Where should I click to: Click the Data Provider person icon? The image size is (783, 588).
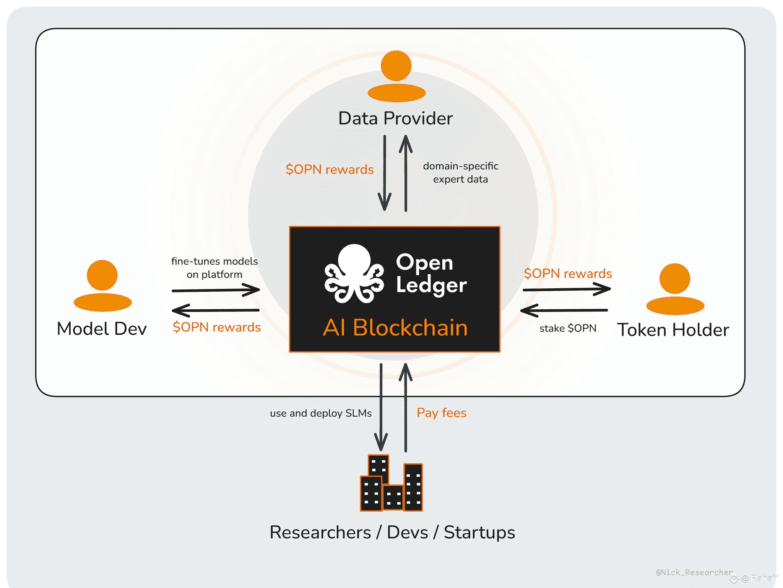pyautogui.click(x=396, y=76)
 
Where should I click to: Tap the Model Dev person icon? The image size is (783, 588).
pyautogui.click(x=102, y=286)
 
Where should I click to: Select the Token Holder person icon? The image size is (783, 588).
pyautogui.click(x=675, y=289)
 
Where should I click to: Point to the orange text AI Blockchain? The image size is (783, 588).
pyautogui.click(x=395, y=328)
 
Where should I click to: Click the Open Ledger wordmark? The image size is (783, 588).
pyautogui.click(x=431, y=274)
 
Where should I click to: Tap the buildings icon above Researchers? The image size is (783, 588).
pyautogui.click(x=391, y=483)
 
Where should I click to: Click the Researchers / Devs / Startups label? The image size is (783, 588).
pyautogui.click(x=392, y=532)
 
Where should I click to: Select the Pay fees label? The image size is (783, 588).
pyautogui.click(x=442, y=413)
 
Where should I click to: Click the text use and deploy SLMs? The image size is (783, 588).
pyautogui.click(x=321, y=413)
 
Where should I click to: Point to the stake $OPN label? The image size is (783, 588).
pyautogui.click(x=568, y=328)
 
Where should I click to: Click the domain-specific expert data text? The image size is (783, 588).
pyautogui.click(x=460, y=172)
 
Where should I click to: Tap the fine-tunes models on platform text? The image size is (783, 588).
pyautogui.click(x=214, y=268)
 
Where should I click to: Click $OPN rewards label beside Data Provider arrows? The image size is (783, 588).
pyautogui.click(x=330, y=169)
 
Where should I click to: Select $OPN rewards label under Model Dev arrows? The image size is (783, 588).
pyautogui.click(x=217, y=327)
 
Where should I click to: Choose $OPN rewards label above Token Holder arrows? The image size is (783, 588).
pyautogui.click(x=568, y=274)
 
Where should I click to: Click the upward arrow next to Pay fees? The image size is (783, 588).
pyautogui.click(x=406, y=407)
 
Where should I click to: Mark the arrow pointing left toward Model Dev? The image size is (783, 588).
pyautogui.click(x=216, y=310)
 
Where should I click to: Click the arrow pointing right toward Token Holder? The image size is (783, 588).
pyautogui.click(x=567, y=289)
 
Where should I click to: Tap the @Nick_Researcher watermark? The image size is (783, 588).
pyautogui.click(x=694, y=572)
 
